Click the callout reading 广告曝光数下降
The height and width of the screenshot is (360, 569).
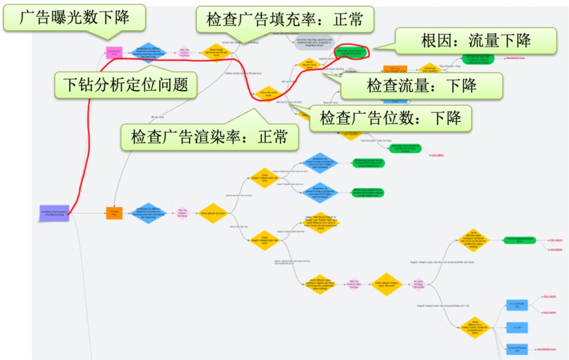pyautogui.click(x=74, y=17)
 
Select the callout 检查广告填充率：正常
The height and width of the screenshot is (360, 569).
pyautogui.click(x=284, y=20)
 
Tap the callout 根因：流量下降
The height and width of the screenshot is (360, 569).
pyautogui.click(x=476, y=41)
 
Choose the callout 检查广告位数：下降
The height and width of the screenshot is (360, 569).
pyautogui.click(x=390, y=118)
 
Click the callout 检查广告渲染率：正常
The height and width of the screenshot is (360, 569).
pyautogui.click(x=209, y=137)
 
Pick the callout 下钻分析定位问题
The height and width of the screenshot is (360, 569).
pyautogui.click(x=125, y=85)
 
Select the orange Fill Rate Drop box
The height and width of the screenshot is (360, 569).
pyautogui.click(x=114, y=213)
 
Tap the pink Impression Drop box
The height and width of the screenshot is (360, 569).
pyautogui.click(x=114, y=52)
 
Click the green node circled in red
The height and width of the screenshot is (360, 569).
pyautogui.click(x=352, y=51)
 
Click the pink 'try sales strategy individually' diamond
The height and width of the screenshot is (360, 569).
pyautogui.click(x=418, y=284)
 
